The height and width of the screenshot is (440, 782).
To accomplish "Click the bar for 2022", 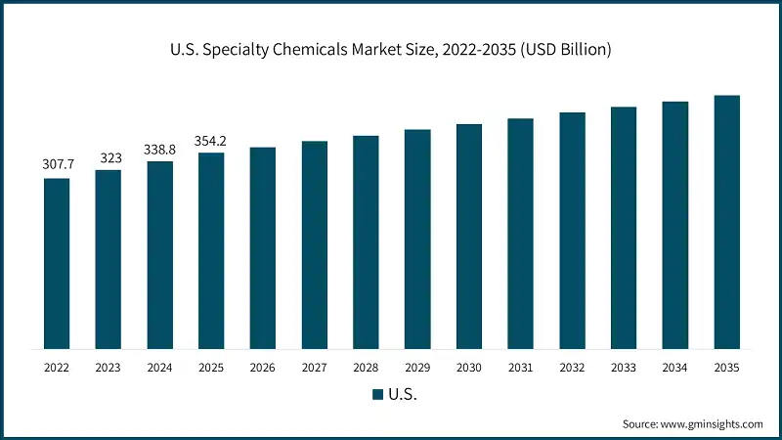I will pyautogui.click(x=57, y=263).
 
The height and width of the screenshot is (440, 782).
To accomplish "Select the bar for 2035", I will pyautogui.click(x=726, y=222).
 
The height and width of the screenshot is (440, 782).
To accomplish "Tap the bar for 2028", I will pyautogui.click(x=366, y=242).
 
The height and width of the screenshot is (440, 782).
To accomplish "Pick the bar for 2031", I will pyautogui.click(x=520, y=234).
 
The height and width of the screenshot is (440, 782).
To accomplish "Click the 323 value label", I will pyautogui.click(x=109, y=158).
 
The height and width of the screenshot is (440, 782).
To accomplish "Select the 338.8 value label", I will pyautogui.click(x=159, y=150).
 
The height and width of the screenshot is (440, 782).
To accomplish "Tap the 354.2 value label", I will pyautogui.click(x=211, y=141).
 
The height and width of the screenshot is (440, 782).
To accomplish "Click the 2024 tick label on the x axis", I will pyautogui.click(x=159, y=368).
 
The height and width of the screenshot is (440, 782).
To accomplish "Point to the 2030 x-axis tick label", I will pyautogui.click(x=468, y=368).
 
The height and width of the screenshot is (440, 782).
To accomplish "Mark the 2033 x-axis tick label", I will pyautogui.click(x=623, y=368).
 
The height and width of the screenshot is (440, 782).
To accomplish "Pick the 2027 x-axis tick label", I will pyautogui.click(x=314, y=368).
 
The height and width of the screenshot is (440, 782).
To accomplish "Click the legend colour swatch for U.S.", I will pyautogui.click(x=378, y=395).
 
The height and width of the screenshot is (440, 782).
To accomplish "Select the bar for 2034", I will pyautogui.click(x=674, y=225).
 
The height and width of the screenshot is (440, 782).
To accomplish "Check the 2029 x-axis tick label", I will pyautogui.click(x=417, y=368).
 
